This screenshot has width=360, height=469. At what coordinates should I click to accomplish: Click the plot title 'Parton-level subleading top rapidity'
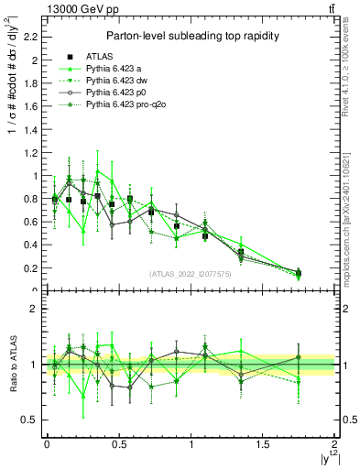[x=191, y=35]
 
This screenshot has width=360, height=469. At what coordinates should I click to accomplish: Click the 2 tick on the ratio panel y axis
[x=33, y=309]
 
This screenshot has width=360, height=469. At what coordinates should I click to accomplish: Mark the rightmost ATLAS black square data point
[x=299, y=273]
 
